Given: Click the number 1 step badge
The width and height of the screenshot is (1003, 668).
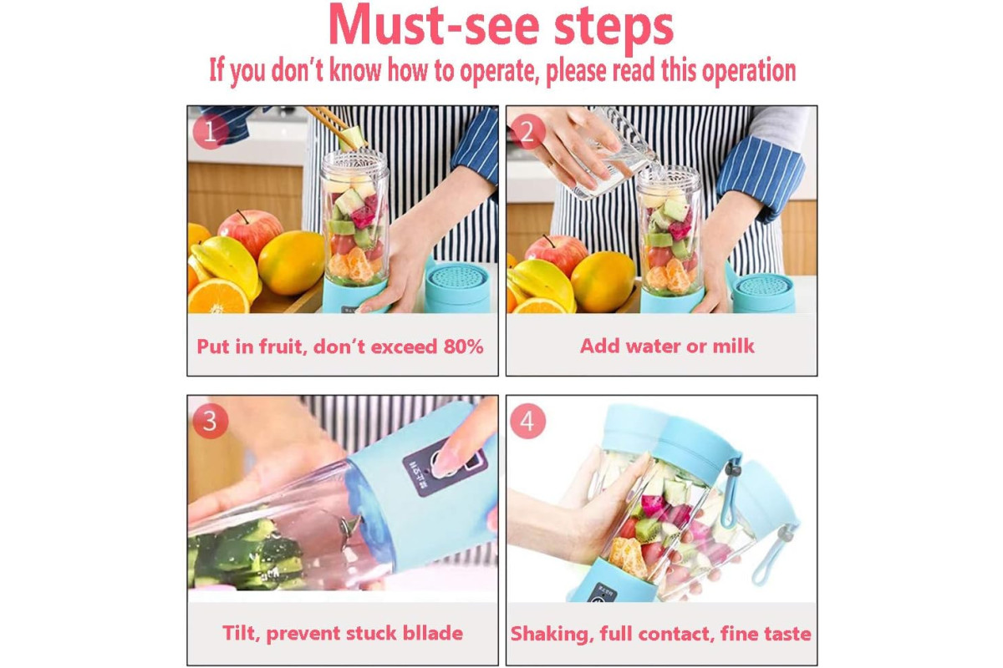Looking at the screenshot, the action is pyautogui.click(x=211, y=132).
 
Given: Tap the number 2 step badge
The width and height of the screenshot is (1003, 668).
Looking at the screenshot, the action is pyautogui.click(x=527, y=132).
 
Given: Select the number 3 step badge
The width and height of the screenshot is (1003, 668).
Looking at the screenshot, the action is pyautogui.click(x=211, y=421).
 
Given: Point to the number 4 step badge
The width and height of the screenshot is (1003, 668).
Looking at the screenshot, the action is pyautogui.click(x=527, y=421).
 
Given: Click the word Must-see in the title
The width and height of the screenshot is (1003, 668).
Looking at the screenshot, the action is pyautogui.click(x=434, y=26).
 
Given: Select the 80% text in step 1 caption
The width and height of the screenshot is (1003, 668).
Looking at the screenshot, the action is pyautogui.click(x=463, y=347).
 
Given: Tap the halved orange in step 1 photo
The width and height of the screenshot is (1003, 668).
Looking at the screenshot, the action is pyautogui.click(x=218, y=296).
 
